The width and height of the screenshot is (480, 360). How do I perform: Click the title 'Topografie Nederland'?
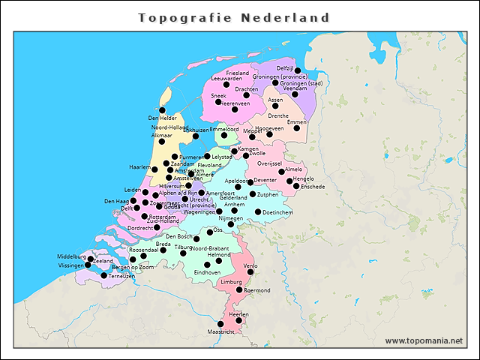(x=235, y=17)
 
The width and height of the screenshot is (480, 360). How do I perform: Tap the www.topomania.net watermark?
(x=424, y=340)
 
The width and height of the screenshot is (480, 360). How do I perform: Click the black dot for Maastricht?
(x=220, y=324)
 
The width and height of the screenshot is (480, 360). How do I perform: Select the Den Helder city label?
(x=163, y=118)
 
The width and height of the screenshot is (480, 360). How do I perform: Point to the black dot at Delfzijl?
(x=298, y=71)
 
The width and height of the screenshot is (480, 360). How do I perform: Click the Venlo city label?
(x=250, y=265)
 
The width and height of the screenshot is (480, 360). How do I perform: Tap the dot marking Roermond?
(x=239, y=289)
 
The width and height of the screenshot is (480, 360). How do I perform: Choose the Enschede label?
(x=310, y=186)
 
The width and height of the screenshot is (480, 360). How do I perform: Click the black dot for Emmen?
(x=296, y=128)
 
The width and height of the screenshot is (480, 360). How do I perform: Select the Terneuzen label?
(x=122, y=276)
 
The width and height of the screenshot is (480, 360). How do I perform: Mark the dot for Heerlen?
(x=238, y=320)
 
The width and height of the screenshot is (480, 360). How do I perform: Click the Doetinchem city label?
(x=278, y=212)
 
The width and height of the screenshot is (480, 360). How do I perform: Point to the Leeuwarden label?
(x=226, y=78)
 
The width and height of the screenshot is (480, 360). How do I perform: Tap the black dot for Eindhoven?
(x=208, y=265)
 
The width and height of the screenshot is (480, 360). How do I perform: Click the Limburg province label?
(x=232, y=281)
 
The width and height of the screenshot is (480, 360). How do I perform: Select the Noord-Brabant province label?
(x=209, y=248)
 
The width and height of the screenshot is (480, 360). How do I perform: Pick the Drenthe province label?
(x=278, y=116)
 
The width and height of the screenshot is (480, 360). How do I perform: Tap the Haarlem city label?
(x=139, y=166)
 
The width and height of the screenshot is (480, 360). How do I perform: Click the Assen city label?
(x=275, y=99)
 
